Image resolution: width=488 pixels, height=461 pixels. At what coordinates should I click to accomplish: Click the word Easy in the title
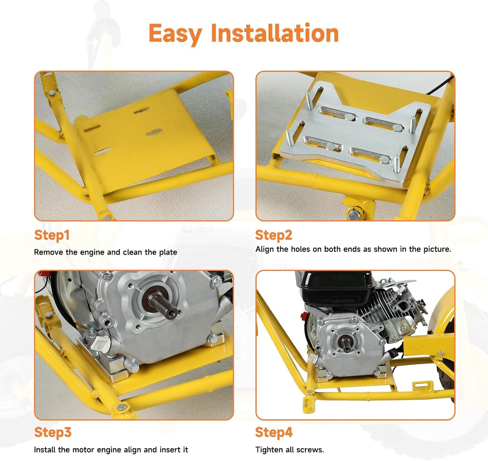pos(175,34)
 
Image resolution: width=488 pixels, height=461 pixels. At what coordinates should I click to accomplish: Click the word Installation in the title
pos(275,33)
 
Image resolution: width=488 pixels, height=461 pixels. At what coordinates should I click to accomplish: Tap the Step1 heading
pos(52,235)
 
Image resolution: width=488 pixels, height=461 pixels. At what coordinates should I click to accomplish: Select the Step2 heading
pos(274,235)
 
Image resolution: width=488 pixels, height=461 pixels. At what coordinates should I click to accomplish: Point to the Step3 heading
pos(53,432)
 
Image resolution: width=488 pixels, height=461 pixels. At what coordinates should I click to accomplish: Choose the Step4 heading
pos(274,432)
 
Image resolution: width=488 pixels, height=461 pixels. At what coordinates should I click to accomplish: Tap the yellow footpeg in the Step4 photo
pos(309,405)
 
